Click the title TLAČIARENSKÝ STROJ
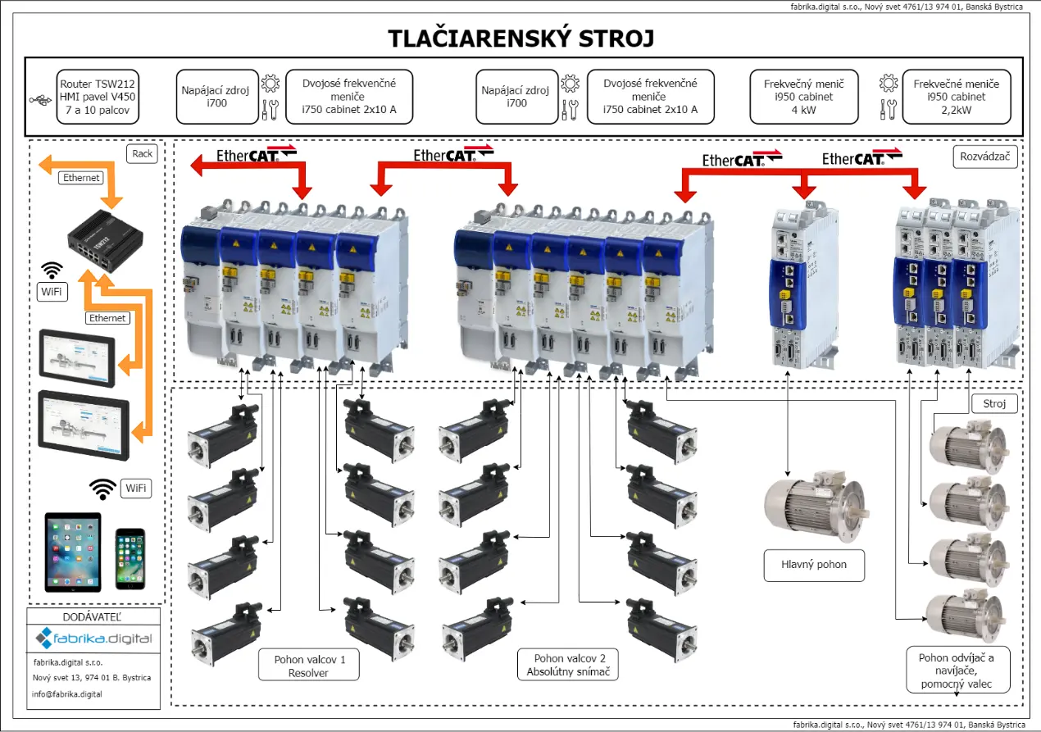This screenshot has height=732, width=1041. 521,39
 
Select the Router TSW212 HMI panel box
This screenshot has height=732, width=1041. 98,97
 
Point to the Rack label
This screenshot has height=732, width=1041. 142,153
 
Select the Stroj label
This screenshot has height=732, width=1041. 994,403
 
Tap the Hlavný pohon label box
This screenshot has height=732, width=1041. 814,565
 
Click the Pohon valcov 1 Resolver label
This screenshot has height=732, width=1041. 308,665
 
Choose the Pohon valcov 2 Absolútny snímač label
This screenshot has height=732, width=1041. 568,665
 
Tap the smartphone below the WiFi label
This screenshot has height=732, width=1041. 131,557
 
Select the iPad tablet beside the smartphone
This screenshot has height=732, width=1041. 73,551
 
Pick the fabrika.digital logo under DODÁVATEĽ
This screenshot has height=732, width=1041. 93,638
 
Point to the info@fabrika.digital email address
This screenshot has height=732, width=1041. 67,693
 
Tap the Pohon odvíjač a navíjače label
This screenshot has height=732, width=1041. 957,670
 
